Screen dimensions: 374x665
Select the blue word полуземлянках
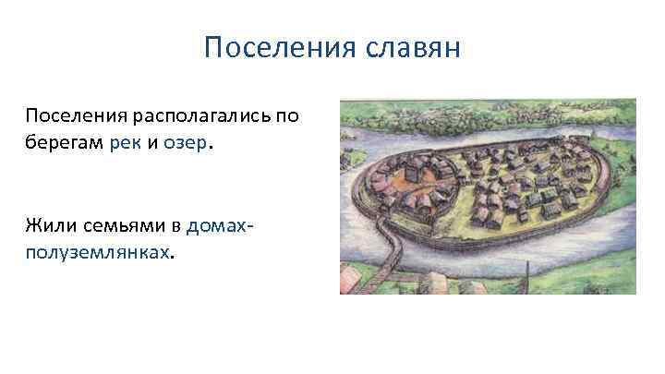point(98,251)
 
